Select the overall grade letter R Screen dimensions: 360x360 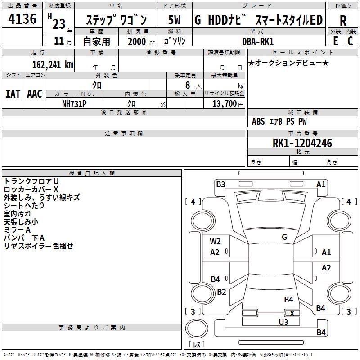tap(343, 20)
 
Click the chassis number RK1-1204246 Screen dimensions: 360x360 tap(302, 143)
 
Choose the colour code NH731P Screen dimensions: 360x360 tap(74, 103)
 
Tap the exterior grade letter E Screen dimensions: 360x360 tap(335, 41)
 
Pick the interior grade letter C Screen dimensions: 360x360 tap(350, 41)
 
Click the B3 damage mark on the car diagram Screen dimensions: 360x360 tap(220, 184)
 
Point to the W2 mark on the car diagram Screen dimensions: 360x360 tap(215, 241)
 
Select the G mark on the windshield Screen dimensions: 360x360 tap(284, 237)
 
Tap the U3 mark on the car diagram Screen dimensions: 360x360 tap(283, 322)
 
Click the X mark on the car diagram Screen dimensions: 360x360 tap(292, 314)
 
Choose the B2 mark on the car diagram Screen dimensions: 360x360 tap(221, 292)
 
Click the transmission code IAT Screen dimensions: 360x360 tap(13, 94)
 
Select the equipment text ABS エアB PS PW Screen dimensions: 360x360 tap(279, 121)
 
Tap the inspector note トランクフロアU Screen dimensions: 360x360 tap(31, 181)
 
